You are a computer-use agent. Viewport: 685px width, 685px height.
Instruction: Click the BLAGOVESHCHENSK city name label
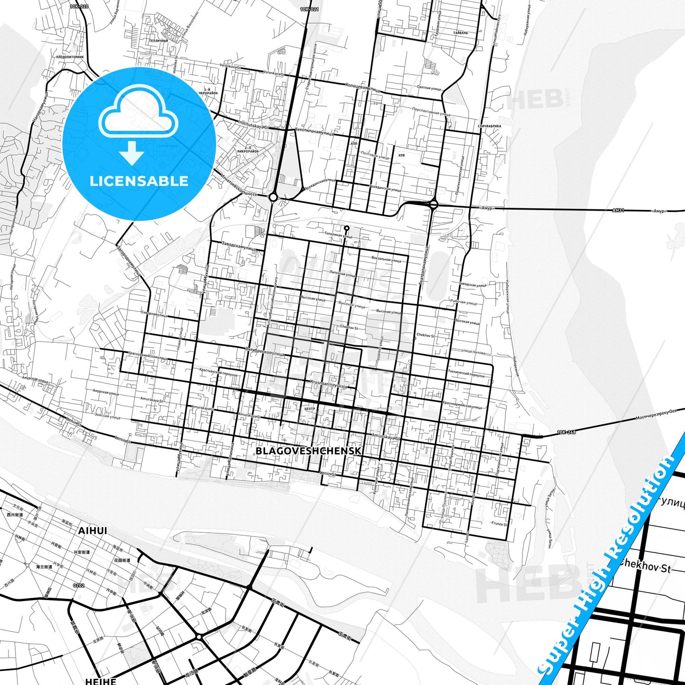308,451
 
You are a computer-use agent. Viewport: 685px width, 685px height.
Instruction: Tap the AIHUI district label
92,531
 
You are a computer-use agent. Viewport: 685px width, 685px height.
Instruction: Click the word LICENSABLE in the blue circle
139,181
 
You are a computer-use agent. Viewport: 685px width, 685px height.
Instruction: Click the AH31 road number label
618,210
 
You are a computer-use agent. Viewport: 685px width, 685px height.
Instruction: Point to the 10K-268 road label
566,432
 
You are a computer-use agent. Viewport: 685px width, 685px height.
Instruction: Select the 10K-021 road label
310,9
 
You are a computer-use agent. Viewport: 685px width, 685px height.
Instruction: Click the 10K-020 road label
79,7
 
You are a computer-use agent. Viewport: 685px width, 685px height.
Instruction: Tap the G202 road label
79,586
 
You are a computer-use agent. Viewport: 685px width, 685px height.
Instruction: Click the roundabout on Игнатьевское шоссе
273,197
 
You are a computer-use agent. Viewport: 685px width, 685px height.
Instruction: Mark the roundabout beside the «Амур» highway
433,205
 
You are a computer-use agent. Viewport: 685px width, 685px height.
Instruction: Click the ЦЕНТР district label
309,409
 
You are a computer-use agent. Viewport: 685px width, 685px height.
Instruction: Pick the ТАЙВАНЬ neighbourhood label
460,33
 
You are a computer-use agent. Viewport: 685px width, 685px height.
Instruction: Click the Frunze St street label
499,524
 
